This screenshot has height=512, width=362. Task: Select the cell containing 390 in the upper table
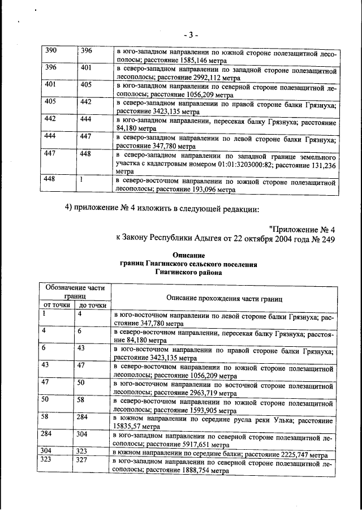coord(51,50)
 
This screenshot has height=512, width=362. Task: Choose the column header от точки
coord(57,306)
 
